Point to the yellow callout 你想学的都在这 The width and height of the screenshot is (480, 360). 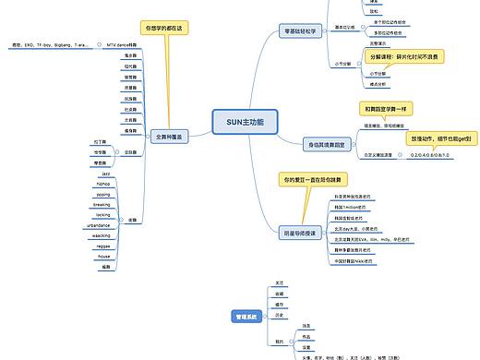[x=164, y=29]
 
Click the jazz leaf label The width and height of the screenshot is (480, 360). [x=105, y=174]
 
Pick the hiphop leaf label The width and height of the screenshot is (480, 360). [x=103, y=184]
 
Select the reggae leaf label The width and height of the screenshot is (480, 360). [x=103, y=246]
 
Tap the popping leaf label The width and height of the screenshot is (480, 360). [x=102, y=195]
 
